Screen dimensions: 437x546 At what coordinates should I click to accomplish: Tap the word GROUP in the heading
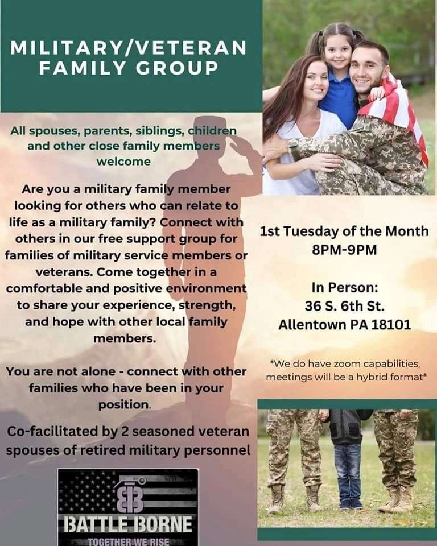(177, 68)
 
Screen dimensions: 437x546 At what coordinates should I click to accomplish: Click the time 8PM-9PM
(344, 250)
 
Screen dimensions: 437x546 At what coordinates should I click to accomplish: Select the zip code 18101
(391, 325)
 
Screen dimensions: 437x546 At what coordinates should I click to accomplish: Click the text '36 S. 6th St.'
(344, 306)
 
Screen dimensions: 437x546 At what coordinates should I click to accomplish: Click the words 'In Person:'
(344, 288)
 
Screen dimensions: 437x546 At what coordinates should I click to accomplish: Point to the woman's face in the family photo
(316, 81)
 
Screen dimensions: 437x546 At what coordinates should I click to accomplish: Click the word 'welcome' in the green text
(123, 162)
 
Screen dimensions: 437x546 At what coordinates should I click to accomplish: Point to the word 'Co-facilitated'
(53, 432)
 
